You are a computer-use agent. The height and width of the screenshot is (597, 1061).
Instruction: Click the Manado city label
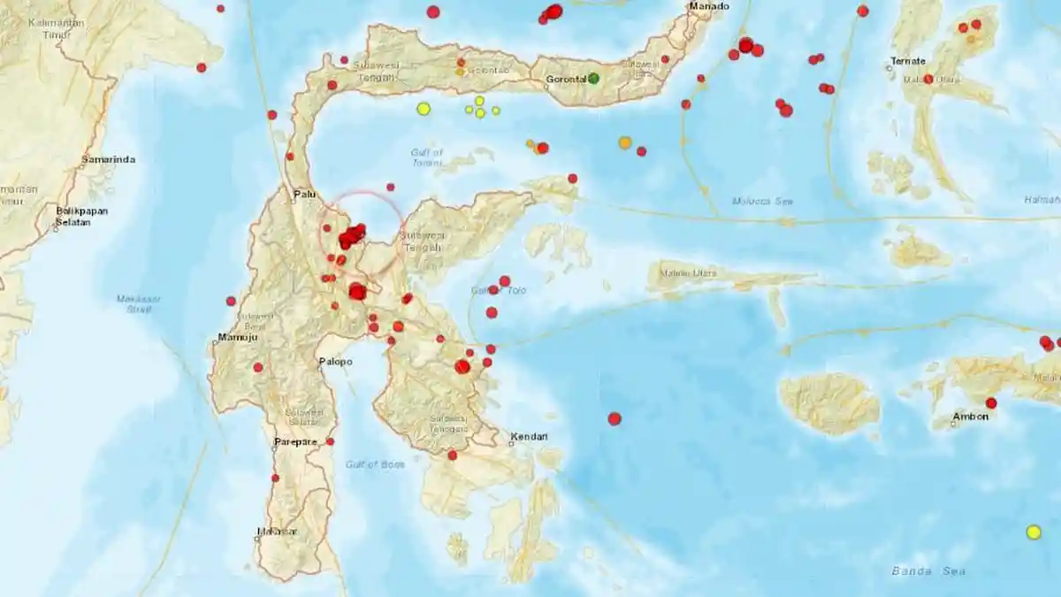pyautogui.click(x=709, y=6)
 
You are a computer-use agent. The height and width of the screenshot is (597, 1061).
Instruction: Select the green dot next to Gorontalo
pyautogui.click(x=593, y=79)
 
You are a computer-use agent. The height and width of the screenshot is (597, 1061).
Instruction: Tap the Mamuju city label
pyautogui.click(x=236, y=338)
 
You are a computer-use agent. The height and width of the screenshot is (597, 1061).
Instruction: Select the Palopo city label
pyautogui.click(x=335, y=361)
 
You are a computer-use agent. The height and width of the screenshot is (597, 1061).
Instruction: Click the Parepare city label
pyautogui.click(x=294, y=441)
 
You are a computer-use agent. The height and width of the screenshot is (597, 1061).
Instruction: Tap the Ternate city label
pyautogui.click(x=908, y=61)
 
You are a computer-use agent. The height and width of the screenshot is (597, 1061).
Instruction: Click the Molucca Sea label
pyautogui.click(x=762, y=201)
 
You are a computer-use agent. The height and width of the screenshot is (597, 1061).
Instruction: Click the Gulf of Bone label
pyautogui.click(x=375, y=464)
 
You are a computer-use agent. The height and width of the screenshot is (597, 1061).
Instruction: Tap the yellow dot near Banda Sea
pyautogui.click(x=1033, y=532)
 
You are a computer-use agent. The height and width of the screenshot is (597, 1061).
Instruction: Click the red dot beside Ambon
pyautogui.click(x=991, y=403)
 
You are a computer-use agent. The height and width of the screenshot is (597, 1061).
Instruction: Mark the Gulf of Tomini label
pyautogui.click(x=427, y=157)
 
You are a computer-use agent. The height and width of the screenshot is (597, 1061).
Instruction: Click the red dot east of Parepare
pyautogui.click(x=330, y=441)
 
